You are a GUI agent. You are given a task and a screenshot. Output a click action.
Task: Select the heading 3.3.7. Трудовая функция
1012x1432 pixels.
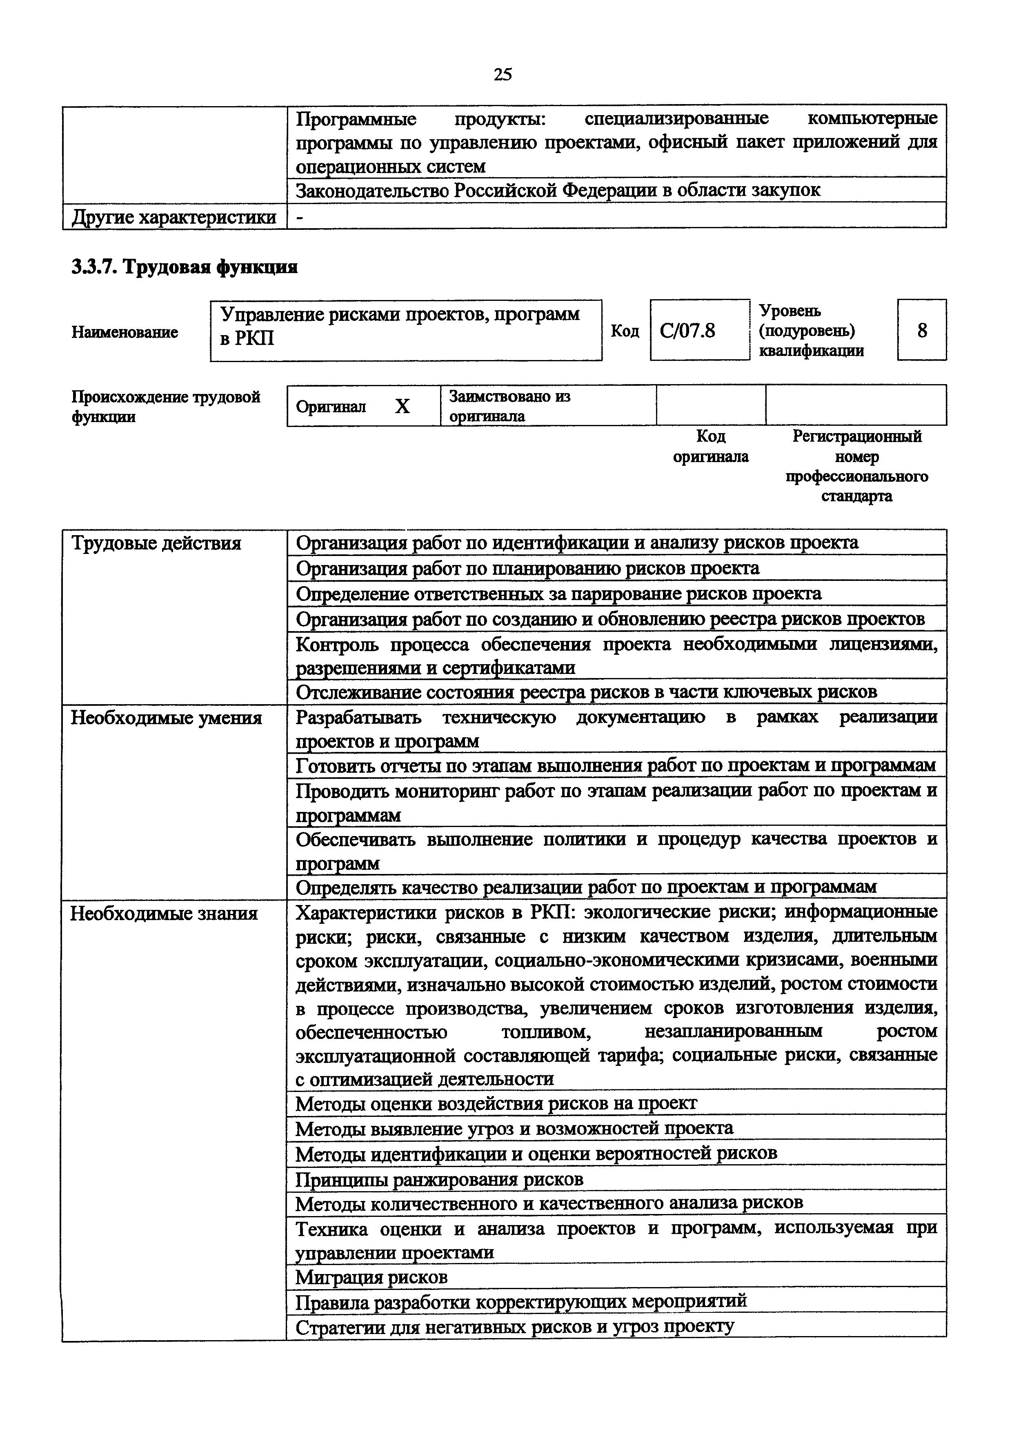point(184,267)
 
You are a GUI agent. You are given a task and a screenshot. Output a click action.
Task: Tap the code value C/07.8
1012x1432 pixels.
point(688,330)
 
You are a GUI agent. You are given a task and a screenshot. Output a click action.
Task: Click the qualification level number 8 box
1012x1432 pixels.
point(922,330)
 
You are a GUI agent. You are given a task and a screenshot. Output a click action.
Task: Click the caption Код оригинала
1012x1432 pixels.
point(711,447)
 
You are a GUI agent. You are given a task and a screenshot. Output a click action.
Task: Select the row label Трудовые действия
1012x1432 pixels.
point(156,543)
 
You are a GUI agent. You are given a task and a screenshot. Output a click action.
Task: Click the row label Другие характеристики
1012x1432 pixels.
point(174,217)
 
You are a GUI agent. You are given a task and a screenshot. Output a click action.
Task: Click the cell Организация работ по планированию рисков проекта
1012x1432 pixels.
point(527,568)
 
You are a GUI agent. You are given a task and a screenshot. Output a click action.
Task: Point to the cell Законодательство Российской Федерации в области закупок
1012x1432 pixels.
point(558,189)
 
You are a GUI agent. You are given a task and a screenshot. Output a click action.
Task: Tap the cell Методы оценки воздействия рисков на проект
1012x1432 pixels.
point(496,1103)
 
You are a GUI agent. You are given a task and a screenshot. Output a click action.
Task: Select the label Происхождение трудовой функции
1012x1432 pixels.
point(165,407)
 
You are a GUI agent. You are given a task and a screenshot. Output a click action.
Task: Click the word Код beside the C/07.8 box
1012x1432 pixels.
point(625,331)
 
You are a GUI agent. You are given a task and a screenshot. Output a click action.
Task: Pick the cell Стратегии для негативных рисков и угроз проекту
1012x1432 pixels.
point(514,1326)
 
